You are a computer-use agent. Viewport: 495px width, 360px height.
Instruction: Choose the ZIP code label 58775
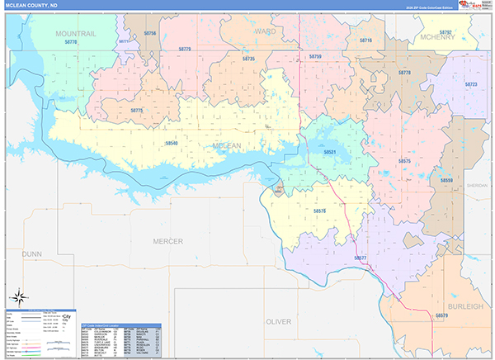point(137,110)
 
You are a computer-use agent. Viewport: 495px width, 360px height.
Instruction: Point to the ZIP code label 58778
point(404,73)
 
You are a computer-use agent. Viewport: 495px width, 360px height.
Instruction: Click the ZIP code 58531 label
point(330,152)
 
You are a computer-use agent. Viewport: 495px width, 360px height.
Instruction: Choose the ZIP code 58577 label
point(360,258)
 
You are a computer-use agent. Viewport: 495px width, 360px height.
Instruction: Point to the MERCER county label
point(168,240)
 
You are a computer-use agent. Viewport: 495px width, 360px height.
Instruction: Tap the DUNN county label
point(32,254)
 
